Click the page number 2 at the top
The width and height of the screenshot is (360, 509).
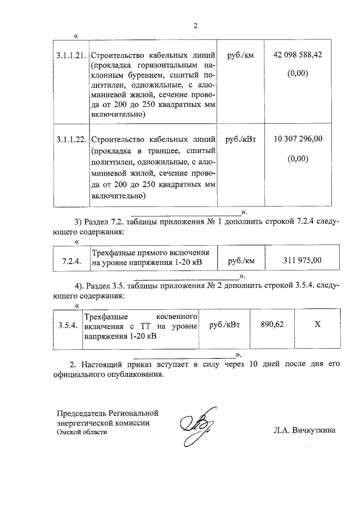click(x=195, y=25)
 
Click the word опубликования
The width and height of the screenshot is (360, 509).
click(x=137, y=375)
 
